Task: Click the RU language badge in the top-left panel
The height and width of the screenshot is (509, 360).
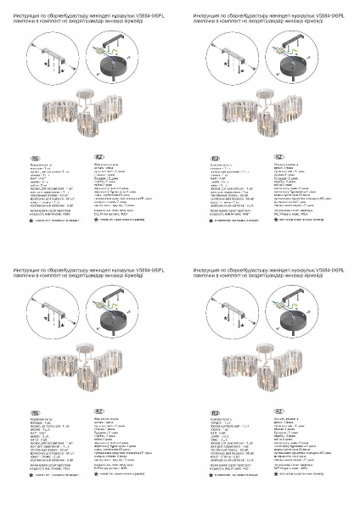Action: point(35,158)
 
